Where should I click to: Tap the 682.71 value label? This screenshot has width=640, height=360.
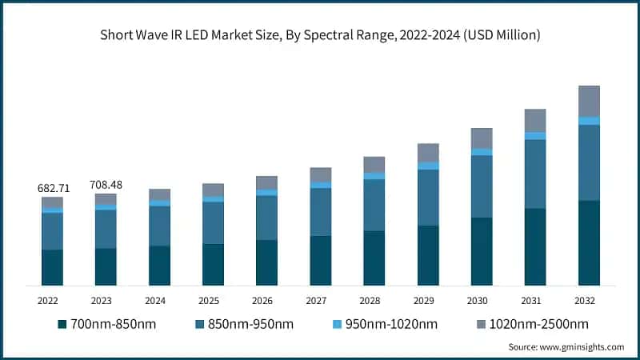(x=53, y=188)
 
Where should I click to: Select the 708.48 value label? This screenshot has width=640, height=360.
(x=106, y=185)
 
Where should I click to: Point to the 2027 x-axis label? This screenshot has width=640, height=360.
(x=320, y=301)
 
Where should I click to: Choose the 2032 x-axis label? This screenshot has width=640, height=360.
(x=588, y=301)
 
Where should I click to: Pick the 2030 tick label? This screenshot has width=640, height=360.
(x=481, y=301)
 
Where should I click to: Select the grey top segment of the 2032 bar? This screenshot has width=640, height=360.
(x=589, y=101)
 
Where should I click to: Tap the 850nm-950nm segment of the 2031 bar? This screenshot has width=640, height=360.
(x=535, y=174)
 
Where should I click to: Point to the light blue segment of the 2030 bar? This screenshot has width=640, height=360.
(x=482, y=152)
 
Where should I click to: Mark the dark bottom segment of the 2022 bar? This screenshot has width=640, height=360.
(x=53, y=267)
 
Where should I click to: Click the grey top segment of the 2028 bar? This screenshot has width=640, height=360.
(x=374, y=164)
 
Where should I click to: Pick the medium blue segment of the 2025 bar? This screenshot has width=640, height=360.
(x=213, y=222)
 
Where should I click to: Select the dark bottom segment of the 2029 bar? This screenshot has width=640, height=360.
(x=428, y=255)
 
